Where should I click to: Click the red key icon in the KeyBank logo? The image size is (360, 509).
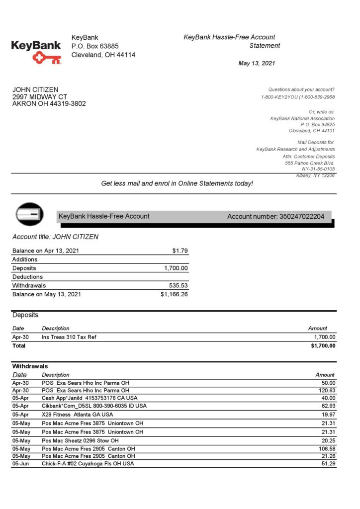click(46, 58)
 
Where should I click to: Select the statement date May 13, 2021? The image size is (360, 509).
click(257, 63)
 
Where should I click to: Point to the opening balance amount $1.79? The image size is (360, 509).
click(180, 251)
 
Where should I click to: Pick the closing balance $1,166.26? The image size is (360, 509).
click(174, 294)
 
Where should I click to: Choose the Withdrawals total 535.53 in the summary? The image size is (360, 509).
click(179, 285)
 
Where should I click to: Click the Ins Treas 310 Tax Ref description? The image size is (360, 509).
click(69, 337)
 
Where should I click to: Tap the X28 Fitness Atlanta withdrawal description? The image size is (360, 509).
click(77, 414)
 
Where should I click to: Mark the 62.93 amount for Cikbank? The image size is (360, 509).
click(328, 406)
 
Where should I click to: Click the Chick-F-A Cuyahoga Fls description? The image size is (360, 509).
click(88, 463)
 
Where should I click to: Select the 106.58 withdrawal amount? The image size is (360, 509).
click(327, 449)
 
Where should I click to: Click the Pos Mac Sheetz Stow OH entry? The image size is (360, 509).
click(80, 440)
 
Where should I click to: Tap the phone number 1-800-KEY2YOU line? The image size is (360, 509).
click(297, 97)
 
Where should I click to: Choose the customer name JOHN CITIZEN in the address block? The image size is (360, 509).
click(35, 89)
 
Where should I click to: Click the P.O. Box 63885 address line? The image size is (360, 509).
click(95, 46)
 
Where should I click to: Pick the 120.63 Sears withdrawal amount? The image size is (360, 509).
click(327, 390)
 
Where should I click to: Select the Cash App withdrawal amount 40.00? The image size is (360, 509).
click(328, 398)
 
